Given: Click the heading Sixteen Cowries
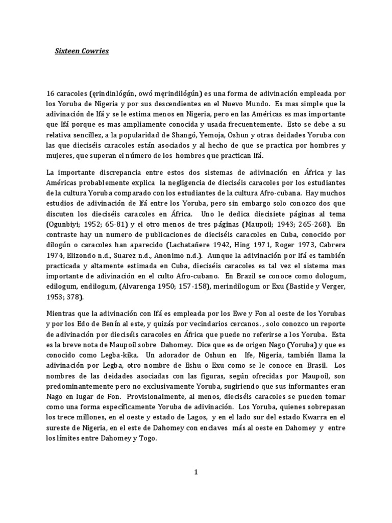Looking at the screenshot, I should pyautogui.click(x=82, y=52).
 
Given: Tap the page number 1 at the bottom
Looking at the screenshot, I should pyautogui.click(x=195, y=472).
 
